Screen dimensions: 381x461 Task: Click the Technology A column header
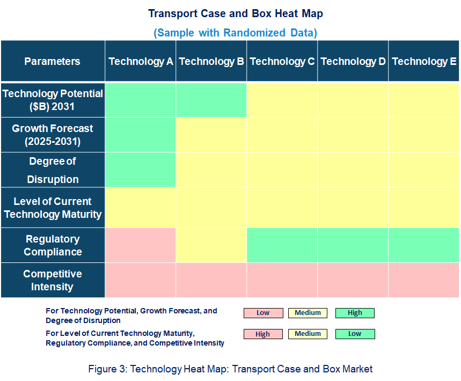[141, 61]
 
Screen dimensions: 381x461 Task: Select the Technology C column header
[282, 61]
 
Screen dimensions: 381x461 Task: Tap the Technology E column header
[424, 61]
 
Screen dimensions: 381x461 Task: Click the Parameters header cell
[52, 61]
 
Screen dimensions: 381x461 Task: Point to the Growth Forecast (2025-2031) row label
[52, 135]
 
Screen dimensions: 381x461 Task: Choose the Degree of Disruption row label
[52, 170]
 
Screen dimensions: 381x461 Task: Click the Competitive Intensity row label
[52, 280]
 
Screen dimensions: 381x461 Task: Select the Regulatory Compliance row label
[52, 245]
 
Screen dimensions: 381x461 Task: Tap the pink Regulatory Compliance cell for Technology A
[141, 245]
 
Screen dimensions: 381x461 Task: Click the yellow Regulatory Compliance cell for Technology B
[211, 245]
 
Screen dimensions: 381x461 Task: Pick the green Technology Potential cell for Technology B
[211, 100]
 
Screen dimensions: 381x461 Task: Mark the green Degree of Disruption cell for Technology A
[141, 170]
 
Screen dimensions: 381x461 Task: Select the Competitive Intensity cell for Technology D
[353, 280]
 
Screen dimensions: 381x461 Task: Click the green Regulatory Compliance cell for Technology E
[424, 245]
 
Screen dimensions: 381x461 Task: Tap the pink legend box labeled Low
[263, 313]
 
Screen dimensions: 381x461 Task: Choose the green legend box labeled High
[355, 313]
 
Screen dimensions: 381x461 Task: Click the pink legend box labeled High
[263, 334]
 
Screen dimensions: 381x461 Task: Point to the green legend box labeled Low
[355, 334]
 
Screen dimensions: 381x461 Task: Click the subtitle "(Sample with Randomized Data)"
[235, 33]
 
